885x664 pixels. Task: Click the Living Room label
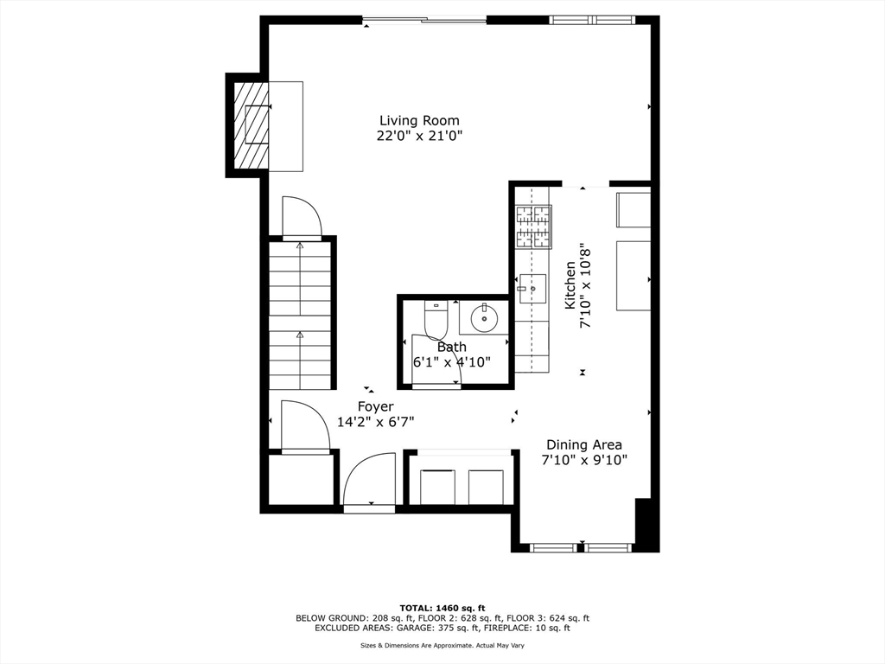pyautogui.click(x=419, y=120)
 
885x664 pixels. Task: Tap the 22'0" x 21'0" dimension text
pyautogui.click(x=419, y=136)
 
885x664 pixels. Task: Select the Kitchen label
pyautogui.click(x=570, y=285)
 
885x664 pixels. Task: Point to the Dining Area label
pyautogui.click(x=583, y=444)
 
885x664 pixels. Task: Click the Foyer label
pyautogui.click(x=376, y=406)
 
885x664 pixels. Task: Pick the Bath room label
pyautogui.click(x=451, y=347)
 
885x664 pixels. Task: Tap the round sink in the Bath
pyautogui.click(x=484, y=319)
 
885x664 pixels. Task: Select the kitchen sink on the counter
pyautogui.click(x=532, y=285)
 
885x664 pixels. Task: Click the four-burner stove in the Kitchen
pyautogui.click(x=532, y=227)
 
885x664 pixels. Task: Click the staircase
pyautogui.click(x=300, y=316)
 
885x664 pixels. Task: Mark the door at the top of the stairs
pyautogui.click(x=302, y=217)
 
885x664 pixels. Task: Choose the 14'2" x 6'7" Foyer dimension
pyautogui.click(x=376, y=422)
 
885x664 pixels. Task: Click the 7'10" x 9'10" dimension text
pyautogui.click(x=583, y=460)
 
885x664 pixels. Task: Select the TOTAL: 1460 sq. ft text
pyautogui.click(x=442, y=607)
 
